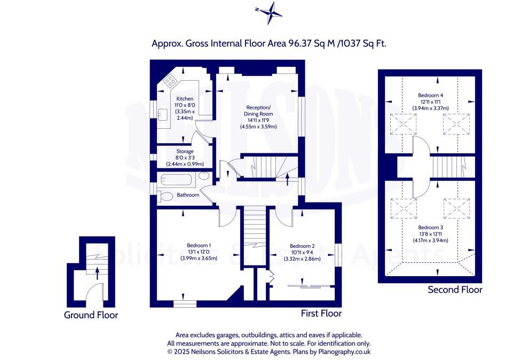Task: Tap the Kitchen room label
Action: point(185,99)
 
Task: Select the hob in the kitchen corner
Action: point(170,81)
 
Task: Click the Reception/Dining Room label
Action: point(258,110)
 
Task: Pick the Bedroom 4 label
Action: point(430,95)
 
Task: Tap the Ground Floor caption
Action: point(91,315)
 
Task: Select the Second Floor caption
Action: point(455,290)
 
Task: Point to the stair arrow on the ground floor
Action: point(97,273)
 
